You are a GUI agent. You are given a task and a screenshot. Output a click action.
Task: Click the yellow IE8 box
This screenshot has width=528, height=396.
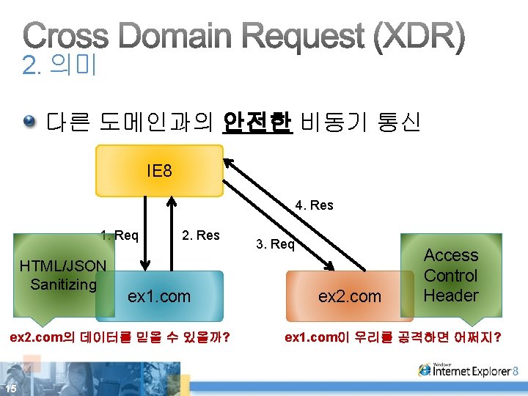tap(159, 171)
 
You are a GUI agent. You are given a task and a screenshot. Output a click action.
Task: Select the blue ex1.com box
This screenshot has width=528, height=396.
tap(159, 296)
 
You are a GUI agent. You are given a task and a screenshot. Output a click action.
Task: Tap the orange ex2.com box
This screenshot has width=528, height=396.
tap(349, 296)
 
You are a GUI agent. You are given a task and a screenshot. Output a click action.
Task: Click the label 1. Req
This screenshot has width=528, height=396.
tap(120, 235)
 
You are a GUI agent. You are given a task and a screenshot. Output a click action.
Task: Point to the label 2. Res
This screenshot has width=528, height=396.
tap(201, 235)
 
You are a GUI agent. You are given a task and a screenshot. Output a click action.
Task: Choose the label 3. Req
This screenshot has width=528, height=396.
tap(275, 244)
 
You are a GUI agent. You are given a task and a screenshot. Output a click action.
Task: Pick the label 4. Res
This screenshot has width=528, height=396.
tap(314, 205)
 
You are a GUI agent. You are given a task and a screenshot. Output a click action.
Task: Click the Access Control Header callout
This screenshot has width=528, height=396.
tap(451, 276)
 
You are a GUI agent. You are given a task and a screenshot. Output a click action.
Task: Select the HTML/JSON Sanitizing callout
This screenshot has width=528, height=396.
tap(63, 275)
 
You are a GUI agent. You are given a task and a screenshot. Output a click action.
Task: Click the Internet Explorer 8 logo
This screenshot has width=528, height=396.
tap(469, 370)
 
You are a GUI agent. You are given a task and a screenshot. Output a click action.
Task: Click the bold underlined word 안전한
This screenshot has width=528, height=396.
tap(257, 122)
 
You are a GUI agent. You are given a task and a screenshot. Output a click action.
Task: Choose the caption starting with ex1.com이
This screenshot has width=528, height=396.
tap(392, 337)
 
